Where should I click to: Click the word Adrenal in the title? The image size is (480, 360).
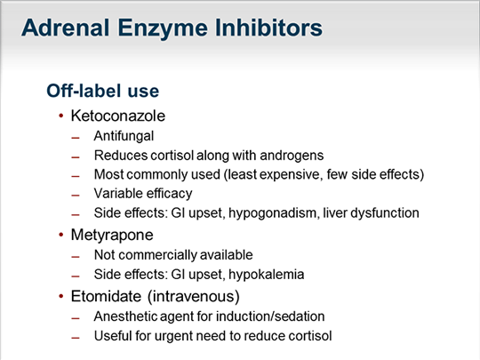pyautogui.click(x=65, y=28)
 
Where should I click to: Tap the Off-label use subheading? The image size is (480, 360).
pyautogui.click(x=103, y=91)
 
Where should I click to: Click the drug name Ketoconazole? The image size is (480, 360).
pyautogui.click(x=118, y=116)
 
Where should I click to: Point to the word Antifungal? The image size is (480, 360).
pyautogui.click(x=124, y=136)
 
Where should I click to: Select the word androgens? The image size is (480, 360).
pyautogui.click(x=292, y=156)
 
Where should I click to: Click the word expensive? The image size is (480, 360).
pyautogui.click(x=290, y=174)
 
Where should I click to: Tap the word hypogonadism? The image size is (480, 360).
pyautogui.click(x=273, y=212)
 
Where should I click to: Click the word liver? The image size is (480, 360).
pyautogui.click(x=335, y=212)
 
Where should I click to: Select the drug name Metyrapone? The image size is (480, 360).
pyautogui.click(x=112, y=235)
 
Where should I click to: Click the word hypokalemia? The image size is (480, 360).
pyautogui.click(x=267, y=275)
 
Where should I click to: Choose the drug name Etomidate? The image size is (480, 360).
pyautogui.click(x=106, y=296)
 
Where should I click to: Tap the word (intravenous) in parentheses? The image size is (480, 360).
pyautogui.click(x=194, y=296)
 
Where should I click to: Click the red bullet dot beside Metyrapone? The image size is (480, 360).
pyautogui.click(x=61, y=235)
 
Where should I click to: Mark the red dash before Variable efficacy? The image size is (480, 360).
pyautogui.click(x=76, y=196)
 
